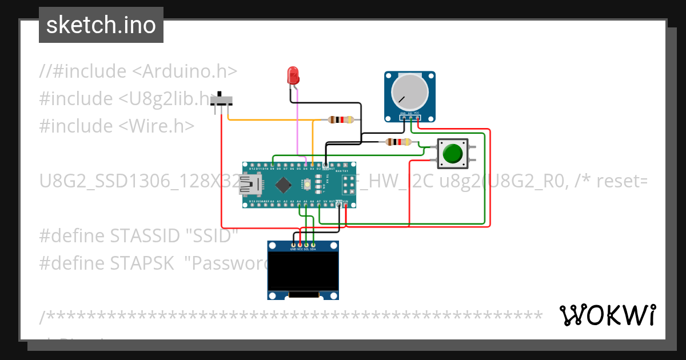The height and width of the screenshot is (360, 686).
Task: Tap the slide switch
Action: (222, 101)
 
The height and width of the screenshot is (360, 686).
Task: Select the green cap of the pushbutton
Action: (452, 154)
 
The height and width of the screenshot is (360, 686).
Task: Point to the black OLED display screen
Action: (303, 271)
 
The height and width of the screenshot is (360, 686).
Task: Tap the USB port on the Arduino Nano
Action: (249, 184)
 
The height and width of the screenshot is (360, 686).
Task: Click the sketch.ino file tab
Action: (101, 25)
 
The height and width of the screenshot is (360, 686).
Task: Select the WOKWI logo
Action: (607, 315)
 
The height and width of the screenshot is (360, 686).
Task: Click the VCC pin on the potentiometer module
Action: (417, 114)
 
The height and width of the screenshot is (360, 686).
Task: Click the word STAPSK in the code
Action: (142, 263)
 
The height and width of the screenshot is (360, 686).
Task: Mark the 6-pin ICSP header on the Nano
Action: (348, 185)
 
